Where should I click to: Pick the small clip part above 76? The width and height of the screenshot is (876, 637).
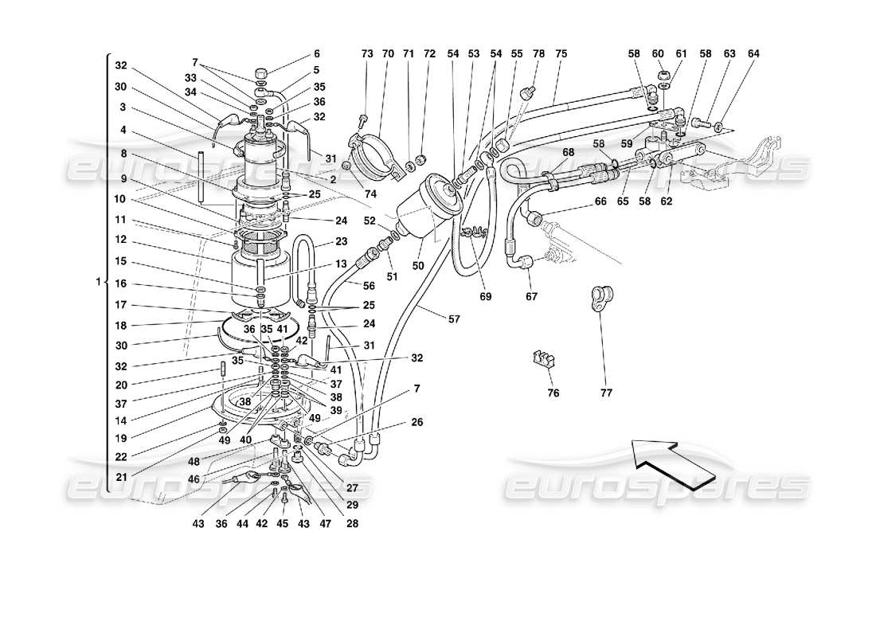tap(542, 359)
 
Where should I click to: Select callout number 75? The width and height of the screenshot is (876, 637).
tap(561, 53)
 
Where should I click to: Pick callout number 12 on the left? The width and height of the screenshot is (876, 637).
tap(120, 239)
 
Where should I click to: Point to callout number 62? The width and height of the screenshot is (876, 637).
tap(667, 201)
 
